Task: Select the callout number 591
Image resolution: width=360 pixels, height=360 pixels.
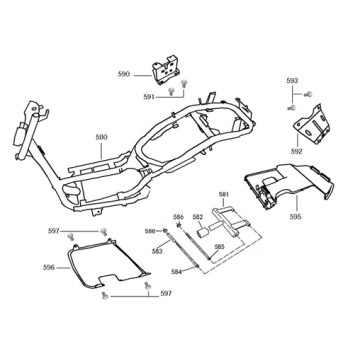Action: click(148, 97)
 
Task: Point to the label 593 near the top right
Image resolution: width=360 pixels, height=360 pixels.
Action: click(292, 80)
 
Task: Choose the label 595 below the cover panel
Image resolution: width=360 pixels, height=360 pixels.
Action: click(296, 215)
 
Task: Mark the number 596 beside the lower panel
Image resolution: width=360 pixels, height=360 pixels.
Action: click(49, 267)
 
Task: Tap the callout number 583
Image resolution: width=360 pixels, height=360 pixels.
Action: click(157, 252)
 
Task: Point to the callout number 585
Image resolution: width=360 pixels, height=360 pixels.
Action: click(219, 245)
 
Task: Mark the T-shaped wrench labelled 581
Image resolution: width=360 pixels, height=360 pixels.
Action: click(232, 214)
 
